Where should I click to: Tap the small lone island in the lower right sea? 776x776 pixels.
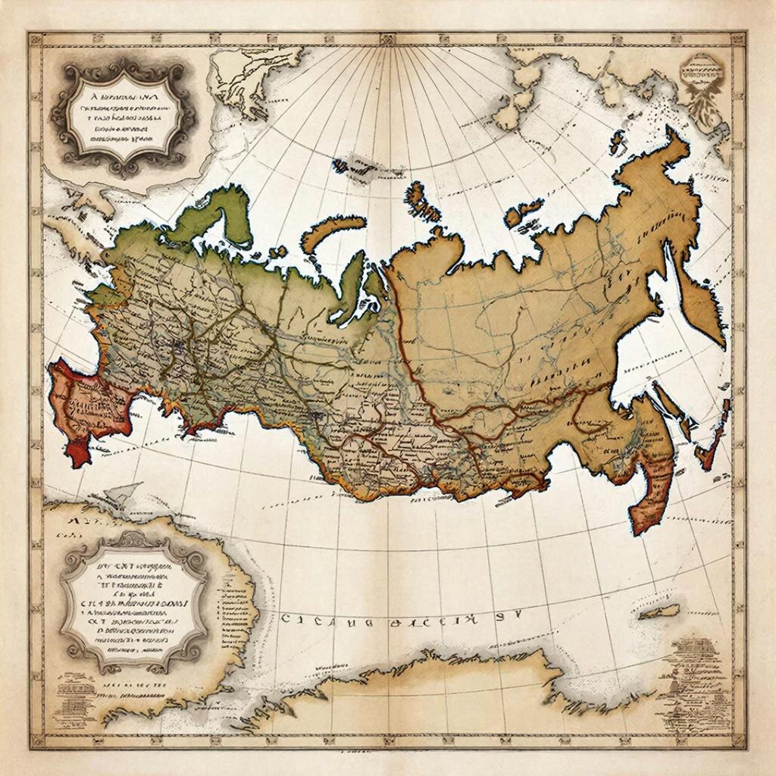659,611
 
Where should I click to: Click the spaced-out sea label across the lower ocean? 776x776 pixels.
379,620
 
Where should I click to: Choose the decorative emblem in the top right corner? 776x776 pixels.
701,83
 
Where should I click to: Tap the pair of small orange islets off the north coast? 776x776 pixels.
523,211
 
